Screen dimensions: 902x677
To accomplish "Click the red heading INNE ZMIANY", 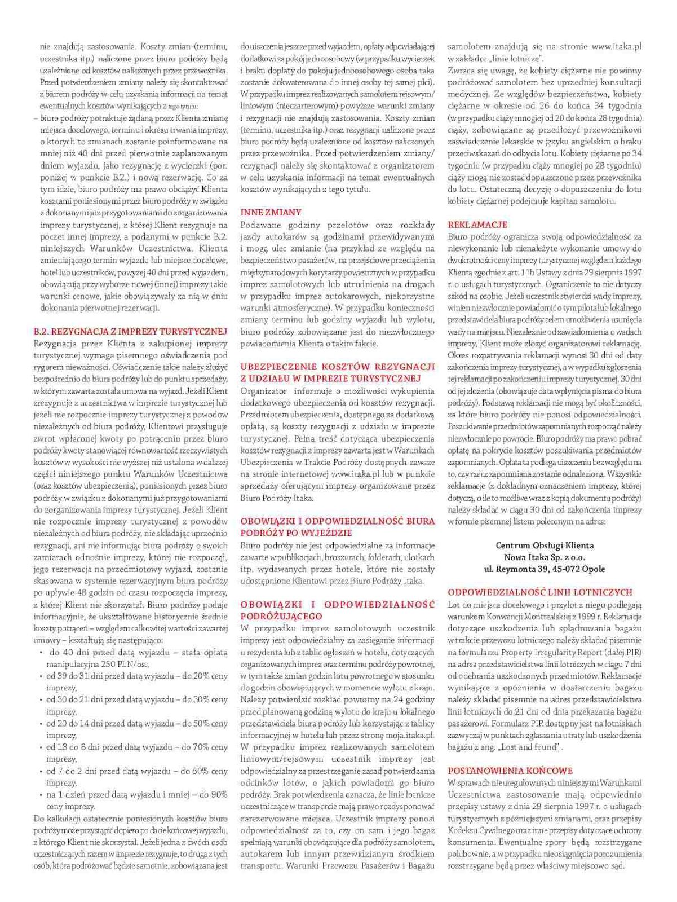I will pyautogui.click(x=271, y=212).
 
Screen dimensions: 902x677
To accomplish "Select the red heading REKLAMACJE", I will pyautogui.click(x=477, y=224).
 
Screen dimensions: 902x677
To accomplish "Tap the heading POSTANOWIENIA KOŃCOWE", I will pyautogui.click(x=510, y=770).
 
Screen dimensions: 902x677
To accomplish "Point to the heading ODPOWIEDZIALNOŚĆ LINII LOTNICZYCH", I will pyautogui.click(x=540, y=592).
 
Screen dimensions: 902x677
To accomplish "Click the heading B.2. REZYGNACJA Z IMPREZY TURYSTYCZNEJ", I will pyautogui.click(x=131, y=331).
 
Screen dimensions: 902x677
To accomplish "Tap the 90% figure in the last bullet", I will pyautogui.click(x=218, y=794).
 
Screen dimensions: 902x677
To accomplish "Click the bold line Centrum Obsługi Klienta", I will pyautogui.click(x=545, y=545).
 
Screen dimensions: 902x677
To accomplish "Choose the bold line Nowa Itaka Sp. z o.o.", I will pyautogui.click(x=545, y=557).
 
